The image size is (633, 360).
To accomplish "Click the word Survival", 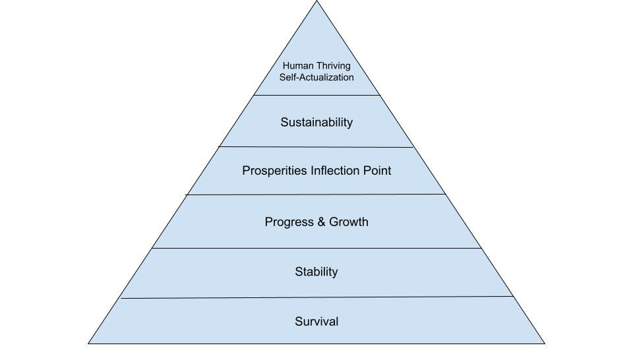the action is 316,322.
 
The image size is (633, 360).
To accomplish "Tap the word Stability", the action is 316,272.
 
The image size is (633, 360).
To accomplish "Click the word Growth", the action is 349,222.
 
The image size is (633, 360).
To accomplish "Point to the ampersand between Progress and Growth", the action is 321,222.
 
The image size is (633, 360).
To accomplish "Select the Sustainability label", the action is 316,123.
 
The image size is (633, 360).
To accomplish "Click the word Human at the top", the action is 299,66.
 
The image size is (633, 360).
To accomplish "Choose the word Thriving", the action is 334,66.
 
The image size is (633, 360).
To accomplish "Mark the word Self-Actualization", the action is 316,77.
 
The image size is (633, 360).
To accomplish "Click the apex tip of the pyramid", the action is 316,2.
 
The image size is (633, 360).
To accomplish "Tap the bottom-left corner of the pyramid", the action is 90,343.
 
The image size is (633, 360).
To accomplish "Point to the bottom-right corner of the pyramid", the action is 544,343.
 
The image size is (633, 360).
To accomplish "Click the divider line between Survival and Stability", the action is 316,297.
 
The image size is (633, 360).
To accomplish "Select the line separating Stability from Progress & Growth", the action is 316,248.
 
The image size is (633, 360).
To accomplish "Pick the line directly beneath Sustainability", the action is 316,147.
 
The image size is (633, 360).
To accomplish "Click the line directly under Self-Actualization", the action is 316,95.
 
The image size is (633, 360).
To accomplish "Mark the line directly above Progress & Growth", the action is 316,195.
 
